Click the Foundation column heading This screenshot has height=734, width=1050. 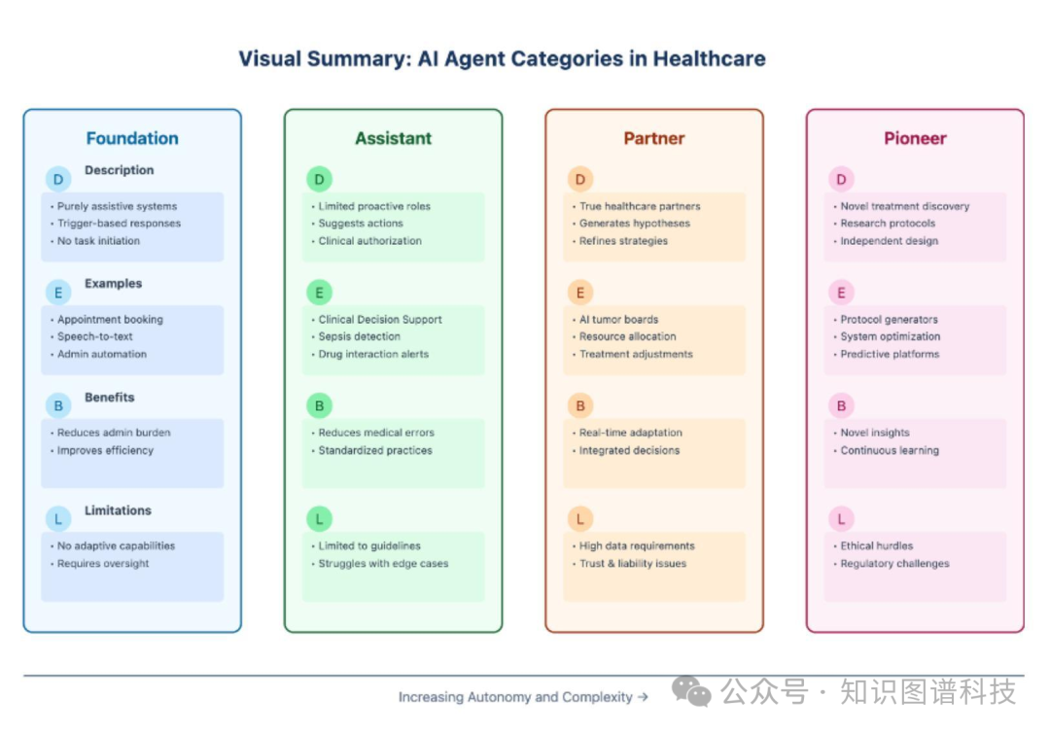coord(132,139)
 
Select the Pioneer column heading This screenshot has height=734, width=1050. coord(915,139)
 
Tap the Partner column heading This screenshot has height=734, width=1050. coord(654,139)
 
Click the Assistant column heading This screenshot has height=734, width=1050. coord(393,139)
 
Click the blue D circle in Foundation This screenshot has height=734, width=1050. coord(58,179)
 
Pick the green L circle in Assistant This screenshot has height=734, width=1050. coord(319,519)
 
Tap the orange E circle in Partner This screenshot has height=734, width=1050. coord(580,293)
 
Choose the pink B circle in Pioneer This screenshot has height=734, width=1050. coord(841,405)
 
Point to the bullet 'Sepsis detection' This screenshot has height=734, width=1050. coord(359,336)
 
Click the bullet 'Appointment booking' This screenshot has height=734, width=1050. coord(110,320)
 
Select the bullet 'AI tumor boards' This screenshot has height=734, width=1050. coord(618,320)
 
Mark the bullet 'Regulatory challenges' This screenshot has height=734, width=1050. coord(894,564)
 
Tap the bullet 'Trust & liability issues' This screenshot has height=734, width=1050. coord(633,564)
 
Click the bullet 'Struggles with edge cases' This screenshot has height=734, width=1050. coord(383,564)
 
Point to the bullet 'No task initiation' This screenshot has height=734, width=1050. coord(98,241)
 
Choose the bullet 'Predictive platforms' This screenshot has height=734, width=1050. coord(890,354)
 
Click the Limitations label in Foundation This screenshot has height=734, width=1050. coord(118,510)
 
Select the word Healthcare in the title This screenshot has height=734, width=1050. coord(709,59)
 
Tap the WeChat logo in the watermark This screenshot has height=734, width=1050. coord(691,691)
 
